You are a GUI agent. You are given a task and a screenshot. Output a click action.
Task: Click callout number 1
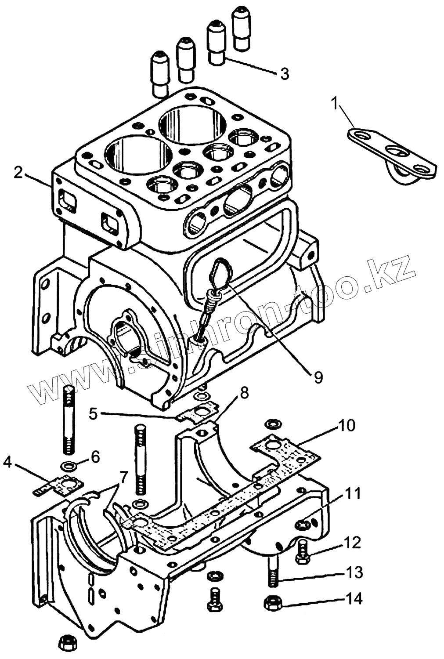pos(335,104)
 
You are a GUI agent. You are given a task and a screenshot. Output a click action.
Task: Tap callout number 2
pos(18,172)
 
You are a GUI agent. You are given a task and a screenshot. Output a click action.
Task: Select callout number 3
pos(285,74)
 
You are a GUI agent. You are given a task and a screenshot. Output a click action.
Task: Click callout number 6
pos(94,457)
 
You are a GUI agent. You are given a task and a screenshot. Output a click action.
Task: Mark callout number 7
pos(123,476)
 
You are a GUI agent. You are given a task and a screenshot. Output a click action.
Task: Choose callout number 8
pos(244,392)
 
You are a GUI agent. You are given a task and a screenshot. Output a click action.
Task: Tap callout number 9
pos(318,377)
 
